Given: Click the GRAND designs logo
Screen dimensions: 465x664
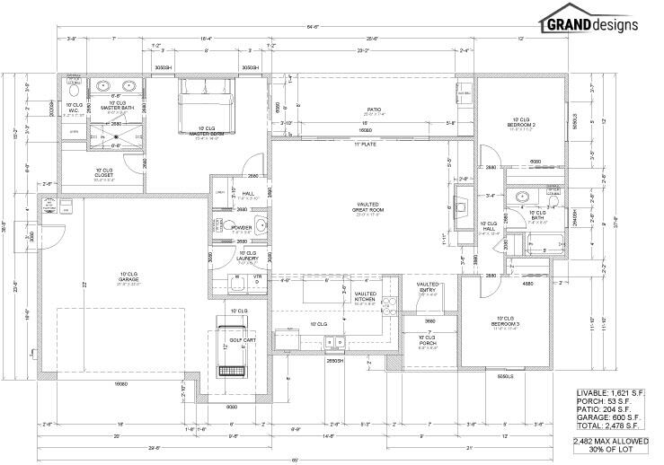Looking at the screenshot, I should tap(589, 23).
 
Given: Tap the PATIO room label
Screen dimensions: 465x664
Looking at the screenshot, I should tap(375, 111).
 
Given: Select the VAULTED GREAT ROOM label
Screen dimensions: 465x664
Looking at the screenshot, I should tap(368, 208).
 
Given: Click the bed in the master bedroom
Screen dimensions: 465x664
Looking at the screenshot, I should tap(207, 106).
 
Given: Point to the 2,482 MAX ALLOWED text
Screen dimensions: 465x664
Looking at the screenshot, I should tap(607, 443).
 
